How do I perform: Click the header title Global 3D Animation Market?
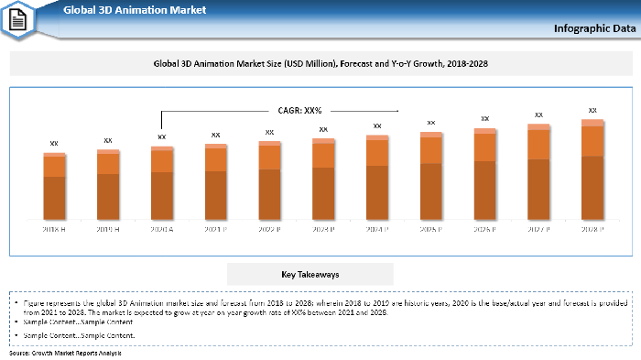click(x=134, y=10)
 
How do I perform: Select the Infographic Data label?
click(x=592, y=28)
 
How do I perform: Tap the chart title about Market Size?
click(x=320, y=64)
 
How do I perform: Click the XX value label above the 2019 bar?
click(x=108, y=140)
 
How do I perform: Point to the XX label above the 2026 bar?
click(x=485, y=118)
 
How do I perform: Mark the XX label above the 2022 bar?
click(x=269, y=132)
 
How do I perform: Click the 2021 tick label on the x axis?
click(x=216, y=229)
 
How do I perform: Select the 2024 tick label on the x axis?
click(x=377, y=229)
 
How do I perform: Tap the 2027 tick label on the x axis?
click(x=538, y=229)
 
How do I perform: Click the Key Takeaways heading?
click(x=310, y=274)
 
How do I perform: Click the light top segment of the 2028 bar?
click(x=592, y=122)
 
